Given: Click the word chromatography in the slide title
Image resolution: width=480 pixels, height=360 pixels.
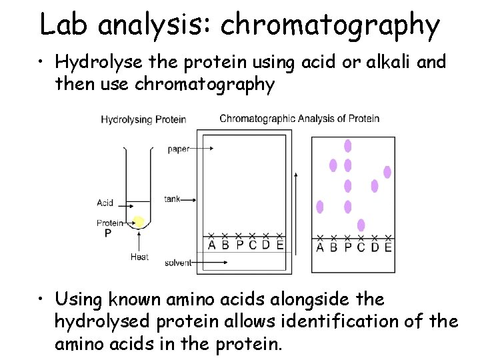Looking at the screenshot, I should (330, 25).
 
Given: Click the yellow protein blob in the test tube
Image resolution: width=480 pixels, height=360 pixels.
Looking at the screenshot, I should (139, 221).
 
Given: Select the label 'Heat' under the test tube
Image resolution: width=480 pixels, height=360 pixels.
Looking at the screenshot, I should (139, 257).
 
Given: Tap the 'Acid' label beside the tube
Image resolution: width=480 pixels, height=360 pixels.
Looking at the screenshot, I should (105, 203).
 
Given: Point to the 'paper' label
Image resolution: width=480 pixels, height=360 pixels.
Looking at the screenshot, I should (179, 149).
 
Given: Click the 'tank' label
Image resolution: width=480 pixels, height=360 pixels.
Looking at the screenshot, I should (172, 199).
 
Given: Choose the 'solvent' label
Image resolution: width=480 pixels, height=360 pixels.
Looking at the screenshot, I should (177, 263).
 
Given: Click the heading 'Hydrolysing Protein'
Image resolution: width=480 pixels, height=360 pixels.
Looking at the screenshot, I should (143, 120).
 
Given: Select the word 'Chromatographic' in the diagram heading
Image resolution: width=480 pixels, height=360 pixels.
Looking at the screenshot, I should (257, 119).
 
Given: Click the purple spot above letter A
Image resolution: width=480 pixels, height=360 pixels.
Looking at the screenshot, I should (320, 207).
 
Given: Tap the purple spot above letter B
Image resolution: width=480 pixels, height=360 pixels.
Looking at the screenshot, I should (333, 165).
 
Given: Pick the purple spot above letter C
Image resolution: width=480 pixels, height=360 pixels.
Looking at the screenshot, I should (361, 225).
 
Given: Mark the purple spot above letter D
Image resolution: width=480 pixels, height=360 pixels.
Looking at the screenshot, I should (375, 186).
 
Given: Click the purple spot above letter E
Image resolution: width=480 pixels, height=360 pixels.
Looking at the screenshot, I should (387, 172).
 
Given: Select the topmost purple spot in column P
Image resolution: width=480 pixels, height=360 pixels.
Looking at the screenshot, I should (347, 145).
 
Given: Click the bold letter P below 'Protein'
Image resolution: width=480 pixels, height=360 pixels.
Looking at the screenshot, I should (108, 233).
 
